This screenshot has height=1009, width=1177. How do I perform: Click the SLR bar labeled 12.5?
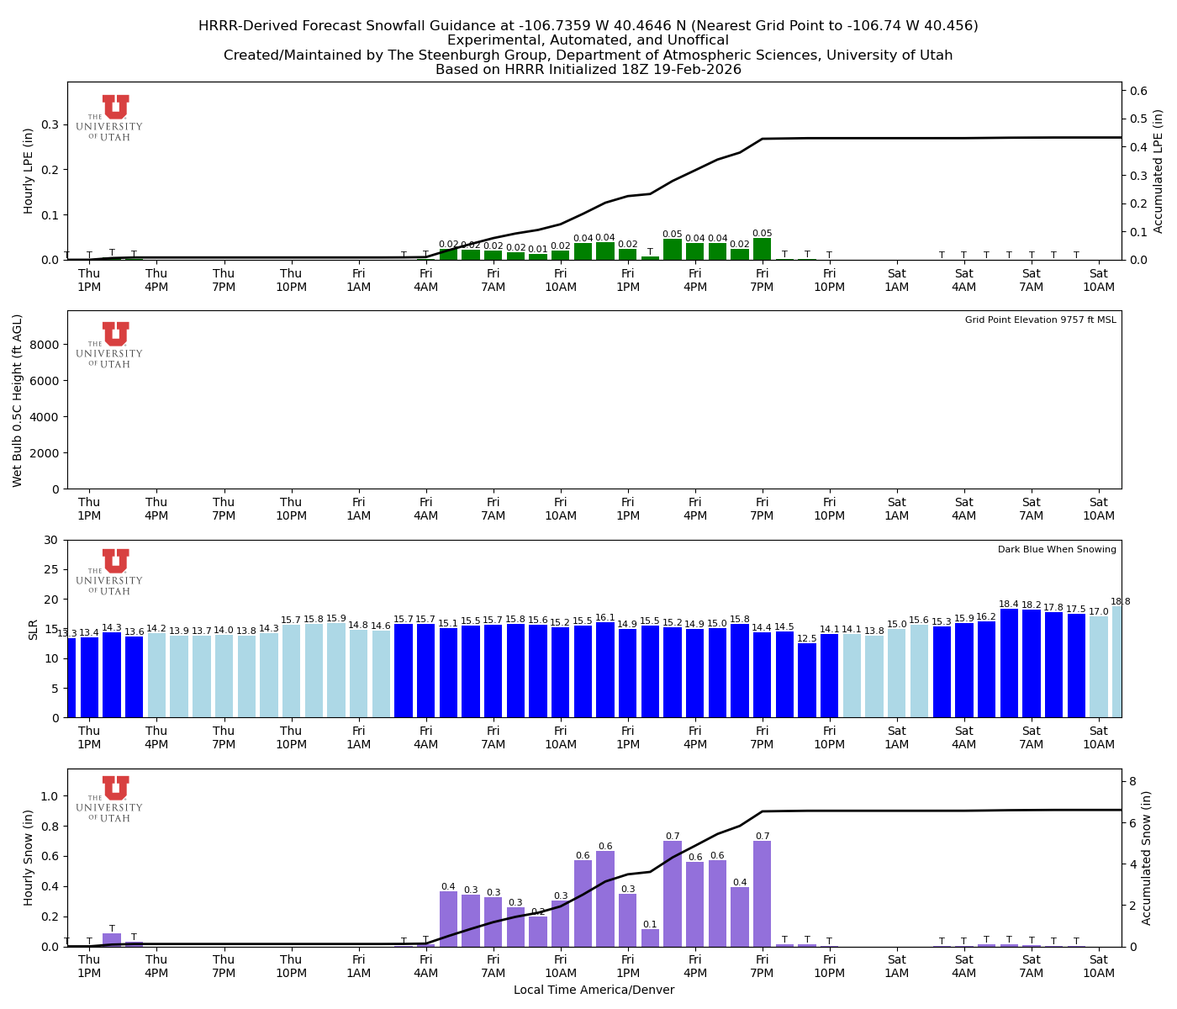(807, 680)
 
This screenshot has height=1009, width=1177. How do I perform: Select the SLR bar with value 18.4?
(1009, 663)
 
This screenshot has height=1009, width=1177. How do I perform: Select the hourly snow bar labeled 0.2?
(538, 932)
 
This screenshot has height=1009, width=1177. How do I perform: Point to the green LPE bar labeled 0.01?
(538, 256)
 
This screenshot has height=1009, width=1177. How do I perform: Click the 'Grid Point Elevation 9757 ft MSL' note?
(1040, 320)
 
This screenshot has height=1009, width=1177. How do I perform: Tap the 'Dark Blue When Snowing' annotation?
(1057, 550)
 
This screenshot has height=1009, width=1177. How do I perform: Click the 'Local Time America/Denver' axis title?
(594, 991)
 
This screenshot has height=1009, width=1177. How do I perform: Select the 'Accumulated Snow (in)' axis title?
(1147, 858)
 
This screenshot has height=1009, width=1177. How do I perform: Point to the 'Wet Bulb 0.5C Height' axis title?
(18, 400)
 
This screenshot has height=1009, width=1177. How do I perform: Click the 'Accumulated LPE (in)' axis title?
(1159, 171)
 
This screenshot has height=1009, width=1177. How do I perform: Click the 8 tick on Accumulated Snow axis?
(1132, 781)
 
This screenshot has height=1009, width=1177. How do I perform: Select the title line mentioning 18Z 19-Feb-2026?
(588, 70)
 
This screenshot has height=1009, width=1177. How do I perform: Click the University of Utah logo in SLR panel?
(110, 572)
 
